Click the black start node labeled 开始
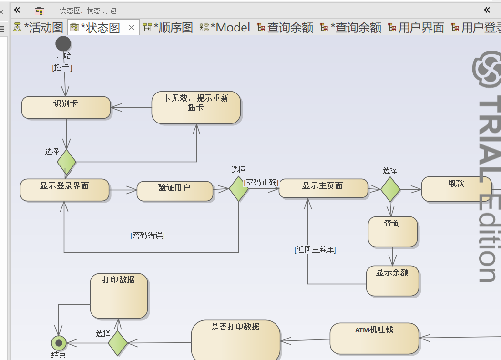(63, 44)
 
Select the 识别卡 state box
(66, 107)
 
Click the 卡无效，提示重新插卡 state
(196, 107)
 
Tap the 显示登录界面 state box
(64, 190)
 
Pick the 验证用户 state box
(174, 191)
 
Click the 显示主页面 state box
(323, 188)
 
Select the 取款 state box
(456, 189)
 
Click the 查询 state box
(392, 232)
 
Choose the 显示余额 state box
(392, 280)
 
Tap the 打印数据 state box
(119, 296)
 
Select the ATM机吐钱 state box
(374, 339)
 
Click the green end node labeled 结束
(59, 343)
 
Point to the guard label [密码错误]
(147, 235)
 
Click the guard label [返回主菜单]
(315, 249)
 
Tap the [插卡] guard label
(62, 68)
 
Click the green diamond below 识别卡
(66, 162)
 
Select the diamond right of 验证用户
(238, 189)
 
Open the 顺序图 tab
(168, 28)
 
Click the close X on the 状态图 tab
(132, 28)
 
